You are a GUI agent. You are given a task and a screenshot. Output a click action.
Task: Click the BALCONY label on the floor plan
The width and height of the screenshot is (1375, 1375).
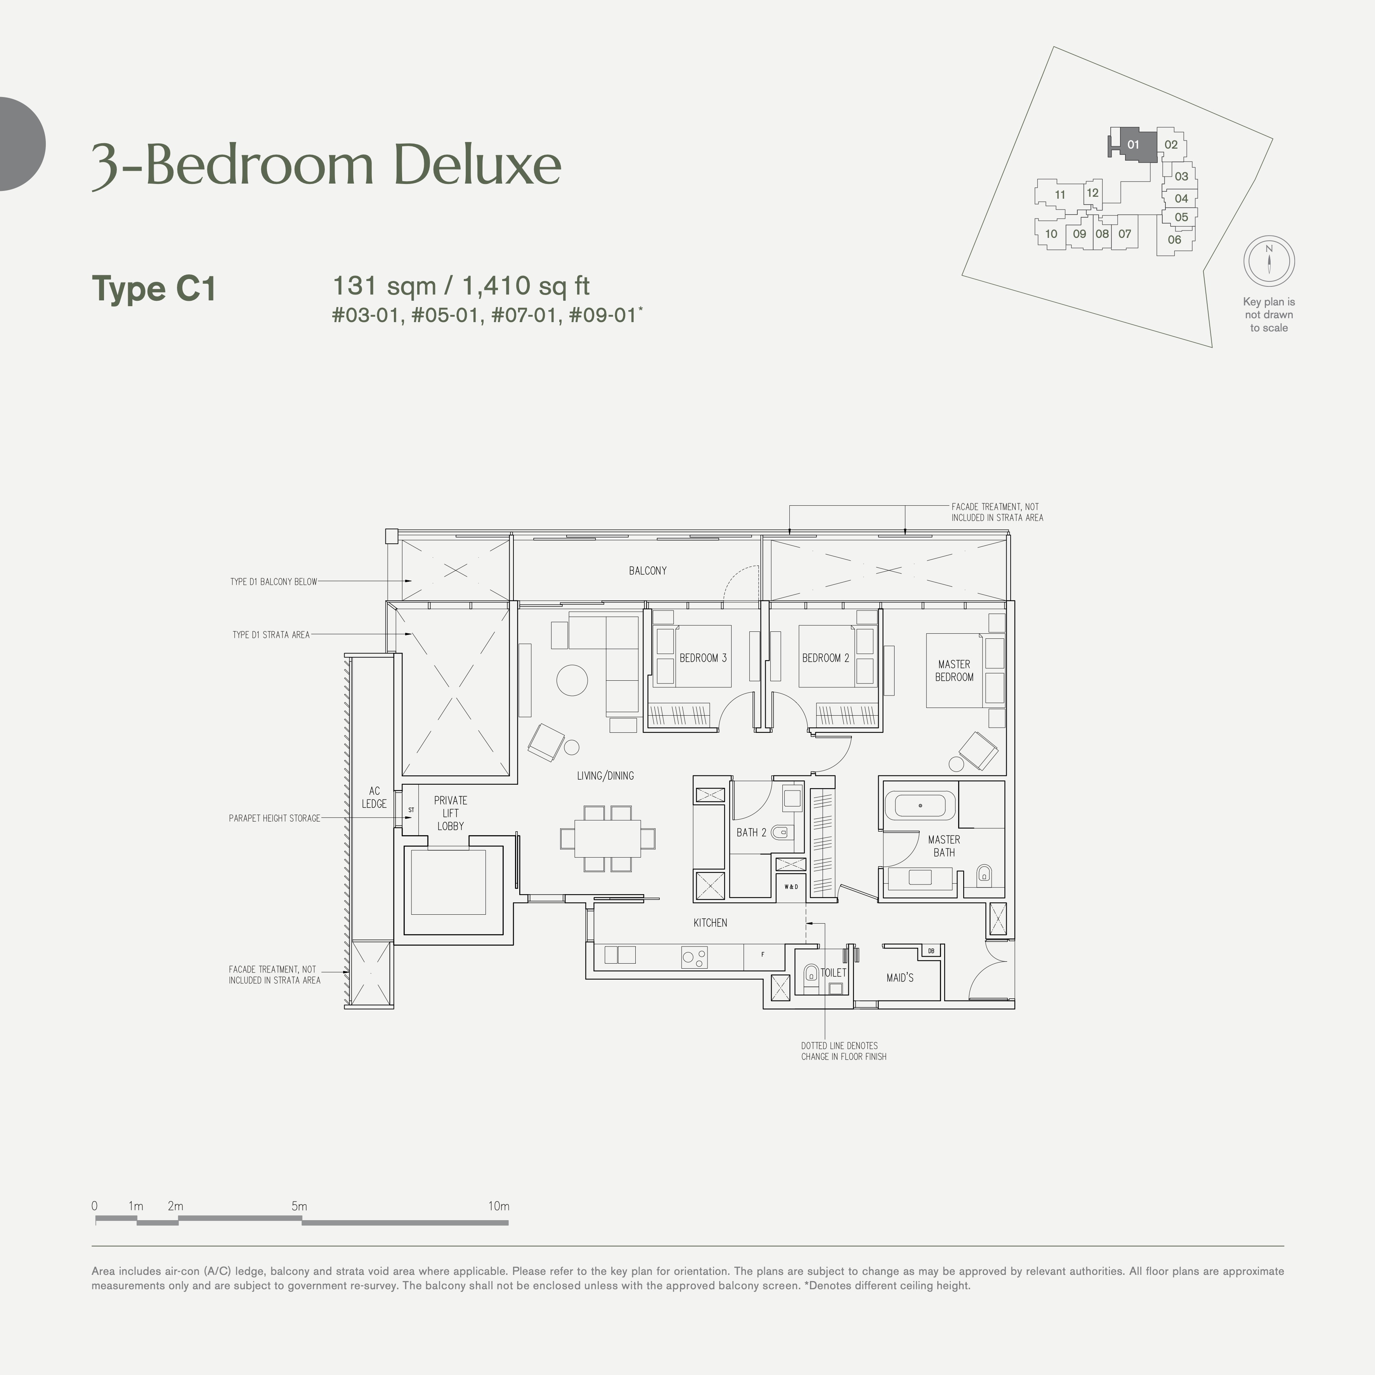click(648, 571)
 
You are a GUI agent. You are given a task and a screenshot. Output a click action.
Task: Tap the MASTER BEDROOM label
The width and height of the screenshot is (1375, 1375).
click(954, 670)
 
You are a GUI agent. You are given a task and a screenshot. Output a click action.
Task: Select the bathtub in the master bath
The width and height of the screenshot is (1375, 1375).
click(920, 806)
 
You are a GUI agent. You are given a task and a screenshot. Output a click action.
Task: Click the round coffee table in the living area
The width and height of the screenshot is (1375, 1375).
click(572, 680)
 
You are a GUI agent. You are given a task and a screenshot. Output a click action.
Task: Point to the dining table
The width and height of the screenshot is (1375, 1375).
click(607, 837)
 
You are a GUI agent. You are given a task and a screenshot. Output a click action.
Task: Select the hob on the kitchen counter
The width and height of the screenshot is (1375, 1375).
click(695, 957)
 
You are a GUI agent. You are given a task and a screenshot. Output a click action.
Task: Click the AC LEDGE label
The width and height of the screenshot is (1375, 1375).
click(375, 797)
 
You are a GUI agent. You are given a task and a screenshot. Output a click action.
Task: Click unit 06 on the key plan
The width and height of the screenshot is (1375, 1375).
click(1174, 240)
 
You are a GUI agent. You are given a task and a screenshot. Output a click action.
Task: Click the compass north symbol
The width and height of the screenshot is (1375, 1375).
click(1269, 260)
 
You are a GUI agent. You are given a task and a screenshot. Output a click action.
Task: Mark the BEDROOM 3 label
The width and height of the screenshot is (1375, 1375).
click(703, 658)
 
